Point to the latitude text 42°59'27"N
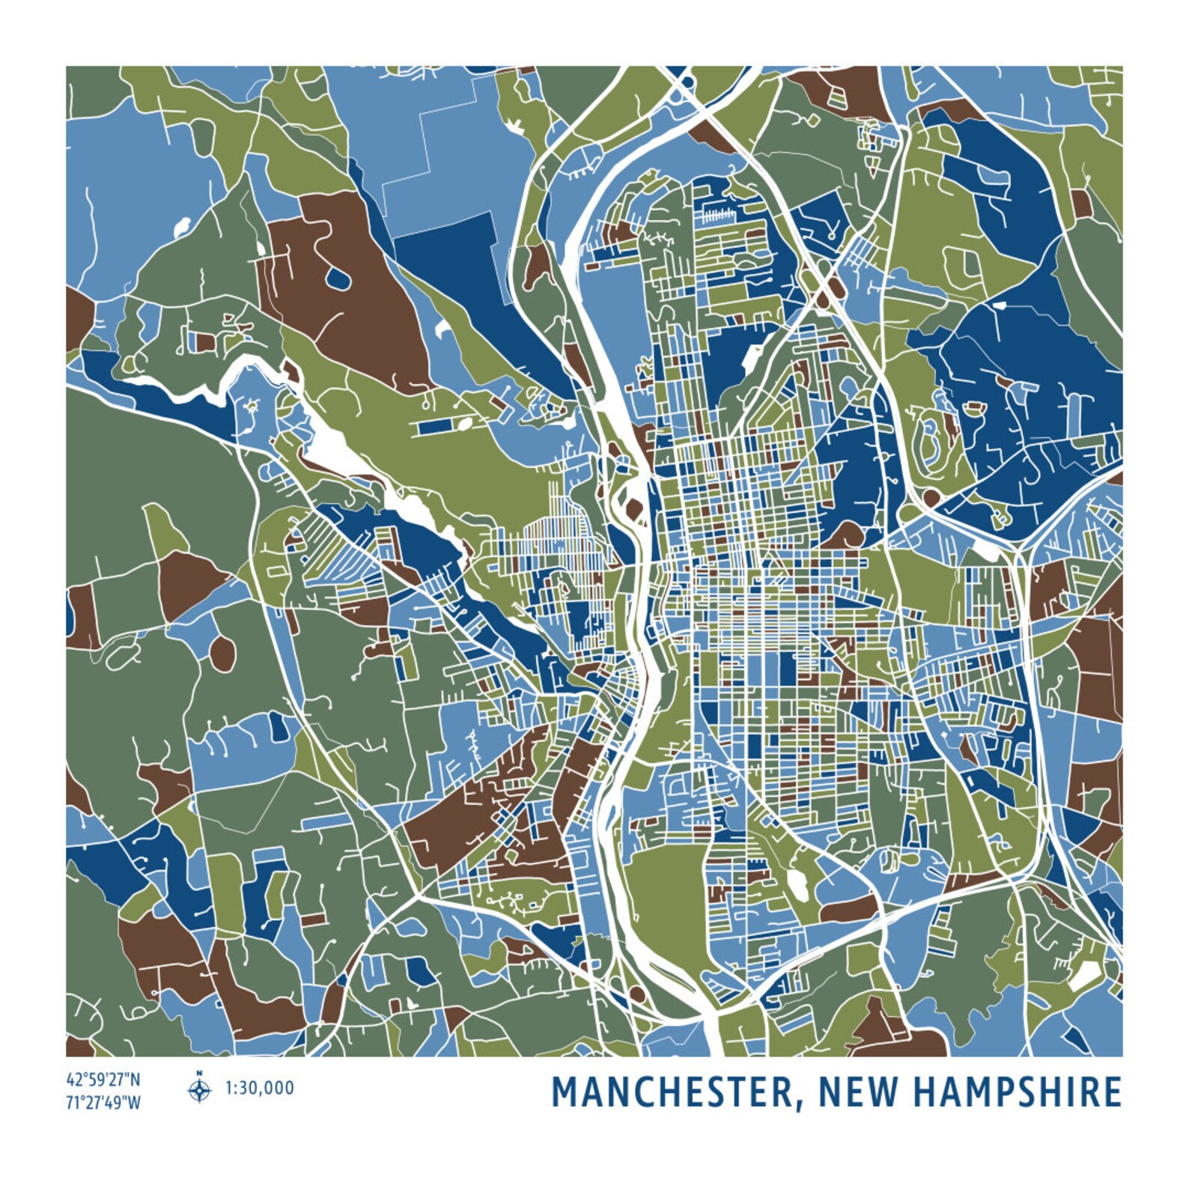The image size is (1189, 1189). point(103,1080)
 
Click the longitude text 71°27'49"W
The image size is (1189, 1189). point(103,1103)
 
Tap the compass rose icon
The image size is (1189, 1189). point(199,1091)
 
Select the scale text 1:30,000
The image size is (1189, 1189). point(260,1088)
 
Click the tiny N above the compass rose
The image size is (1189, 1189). point(199,1073)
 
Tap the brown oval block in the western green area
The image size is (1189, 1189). point(222,653)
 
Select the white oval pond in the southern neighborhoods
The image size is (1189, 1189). point(797,886)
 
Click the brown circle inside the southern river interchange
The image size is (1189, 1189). point(636,994)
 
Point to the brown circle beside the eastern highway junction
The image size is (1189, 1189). point(931,496)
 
